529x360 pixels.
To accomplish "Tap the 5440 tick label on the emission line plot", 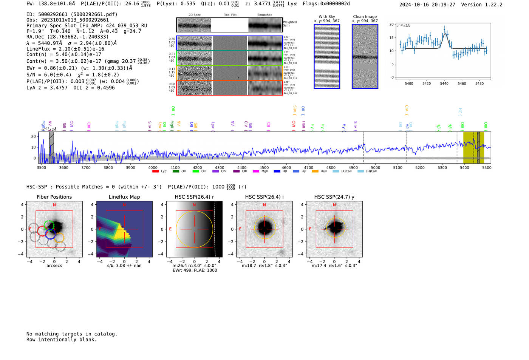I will [444, 83].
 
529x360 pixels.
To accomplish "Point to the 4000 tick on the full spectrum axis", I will [153, 168].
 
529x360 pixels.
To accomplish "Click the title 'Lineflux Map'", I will [124, 197].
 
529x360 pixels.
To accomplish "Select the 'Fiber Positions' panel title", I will [54, 197].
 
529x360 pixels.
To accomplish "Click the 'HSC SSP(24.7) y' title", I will [334, 197].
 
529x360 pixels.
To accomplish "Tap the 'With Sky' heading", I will [327, 17].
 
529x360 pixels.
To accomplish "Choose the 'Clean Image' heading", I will [365, 17].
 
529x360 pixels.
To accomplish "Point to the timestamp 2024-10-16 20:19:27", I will [427, 5].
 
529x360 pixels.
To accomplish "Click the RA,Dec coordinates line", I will [67, 37].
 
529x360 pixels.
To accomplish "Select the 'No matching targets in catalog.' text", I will [72, 334].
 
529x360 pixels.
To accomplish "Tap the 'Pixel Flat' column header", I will [230, 15].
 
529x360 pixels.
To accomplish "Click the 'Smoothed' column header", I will [264, 15].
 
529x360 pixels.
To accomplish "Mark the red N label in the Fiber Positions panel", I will [54, 205].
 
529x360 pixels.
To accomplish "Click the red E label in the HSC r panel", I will [170, 229].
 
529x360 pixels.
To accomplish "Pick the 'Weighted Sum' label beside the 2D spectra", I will [290, 24].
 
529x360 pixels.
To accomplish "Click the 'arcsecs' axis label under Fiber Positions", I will [54, 266].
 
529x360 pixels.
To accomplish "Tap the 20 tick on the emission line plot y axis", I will [391, 24].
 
